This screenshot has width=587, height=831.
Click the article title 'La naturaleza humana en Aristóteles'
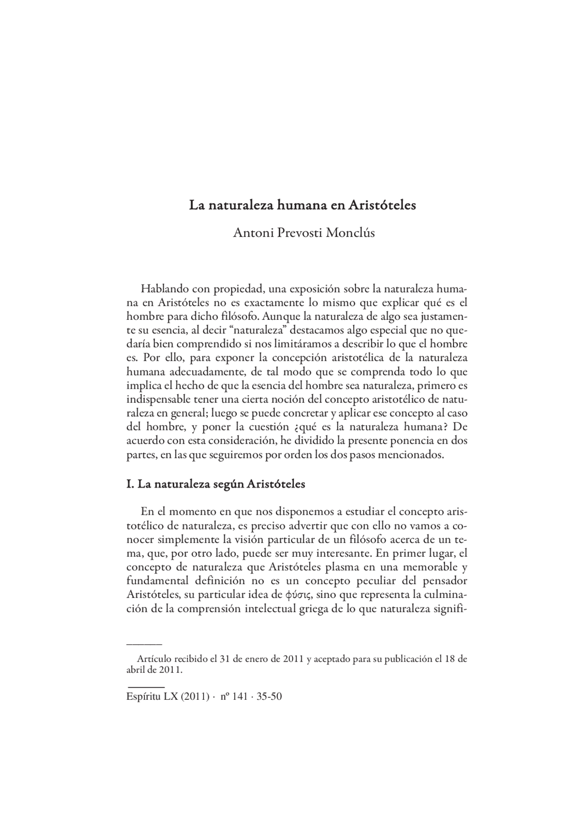(303, 205)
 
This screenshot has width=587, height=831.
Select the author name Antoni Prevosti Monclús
(304, 233)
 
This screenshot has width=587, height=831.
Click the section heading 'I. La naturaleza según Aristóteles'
(216, 484)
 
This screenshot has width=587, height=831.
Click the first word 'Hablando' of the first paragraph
(162, 290)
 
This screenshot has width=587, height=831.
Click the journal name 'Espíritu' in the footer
(141, 697)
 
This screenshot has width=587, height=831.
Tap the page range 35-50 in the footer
(269, 697)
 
